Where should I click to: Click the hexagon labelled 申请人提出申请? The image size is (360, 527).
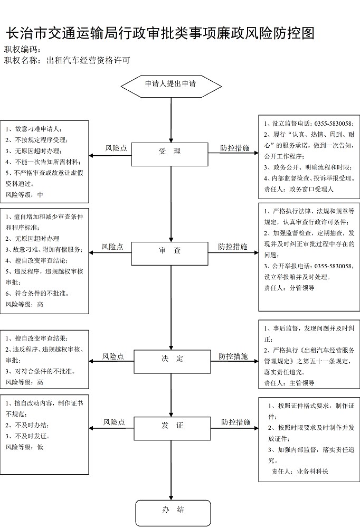171,86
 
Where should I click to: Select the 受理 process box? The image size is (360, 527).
169,154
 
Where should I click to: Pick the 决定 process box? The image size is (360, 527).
172,362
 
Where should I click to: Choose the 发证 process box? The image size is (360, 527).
172,428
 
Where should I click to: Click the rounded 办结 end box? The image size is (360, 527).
173,513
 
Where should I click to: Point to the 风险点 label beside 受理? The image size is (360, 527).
116,148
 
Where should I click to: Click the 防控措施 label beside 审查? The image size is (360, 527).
233,247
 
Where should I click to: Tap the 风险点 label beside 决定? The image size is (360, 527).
113,356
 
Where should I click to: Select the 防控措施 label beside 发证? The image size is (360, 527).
236,422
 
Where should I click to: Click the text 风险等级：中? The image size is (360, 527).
24,195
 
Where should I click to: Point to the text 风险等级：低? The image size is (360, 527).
24,447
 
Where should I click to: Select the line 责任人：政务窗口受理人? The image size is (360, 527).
299,189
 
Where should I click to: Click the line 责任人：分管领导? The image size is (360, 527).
289,288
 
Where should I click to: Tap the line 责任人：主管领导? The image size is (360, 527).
289,383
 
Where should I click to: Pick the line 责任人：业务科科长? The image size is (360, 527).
299,472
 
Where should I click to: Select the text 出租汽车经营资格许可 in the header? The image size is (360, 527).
88,61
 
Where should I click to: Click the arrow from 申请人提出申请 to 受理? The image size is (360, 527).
171,120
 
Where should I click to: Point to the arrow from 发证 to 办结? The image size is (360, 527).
171,470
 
